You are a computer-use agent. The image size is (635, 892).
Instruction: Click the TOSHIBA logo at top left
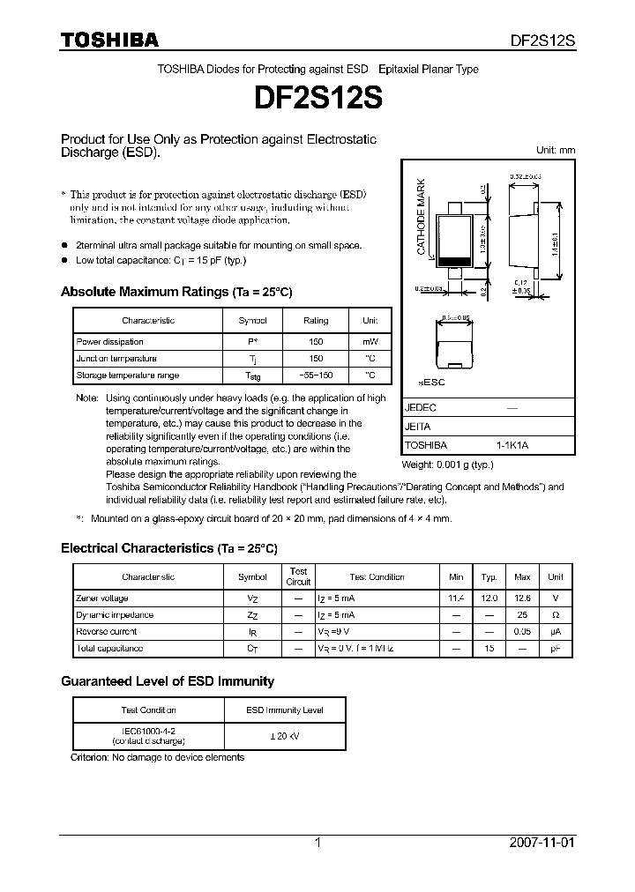click(x=109, y=40)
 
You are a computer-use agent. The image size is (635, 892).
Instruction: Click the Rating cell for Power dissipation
click(x=316, y=342)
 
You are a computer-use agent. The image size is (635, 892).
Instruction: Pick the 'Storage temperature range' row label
click(x=127, y=375)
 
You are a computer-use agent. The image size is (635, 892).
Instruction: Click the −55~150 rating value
click(x=316, y=375)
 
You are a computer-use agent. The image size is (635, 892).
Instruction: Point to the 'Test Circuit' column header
click(x=298, y=576)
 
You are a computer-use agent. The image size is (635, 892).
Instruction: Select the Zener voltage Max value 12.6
click(x=522, y=598)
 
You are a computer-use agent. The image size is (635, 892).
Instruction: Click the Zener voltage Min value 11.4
click(x=456, y=598)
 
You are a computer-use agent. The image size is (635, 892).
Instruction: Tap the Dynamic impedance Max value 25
click(x=522, y=615)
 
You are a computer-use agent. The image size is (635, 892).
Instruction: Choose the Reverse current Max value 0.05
click(x=522, y=632)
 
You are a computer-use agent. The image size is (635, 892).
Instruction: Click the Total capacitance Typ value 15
click(x=489, y=649)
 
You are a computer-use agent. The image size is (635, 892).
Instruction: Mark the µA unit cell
click(x=555, y=632)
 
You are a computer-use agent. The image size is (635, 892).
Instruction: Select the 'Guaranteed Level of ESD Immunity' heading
click(x=168, y=681)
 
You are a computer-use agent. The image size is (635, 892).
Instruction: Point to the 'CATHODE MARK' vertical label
click(x=422, y=216)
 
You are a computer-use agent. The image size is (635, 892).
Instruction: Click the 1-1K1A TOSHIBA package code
click(x=512, y=445)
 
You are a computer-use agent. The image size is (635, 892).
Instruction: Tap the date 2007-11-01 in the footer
click(x=542, y=843)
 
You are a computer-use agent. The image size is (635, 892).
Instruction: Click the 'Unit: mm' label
click(x=556, y=150)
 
